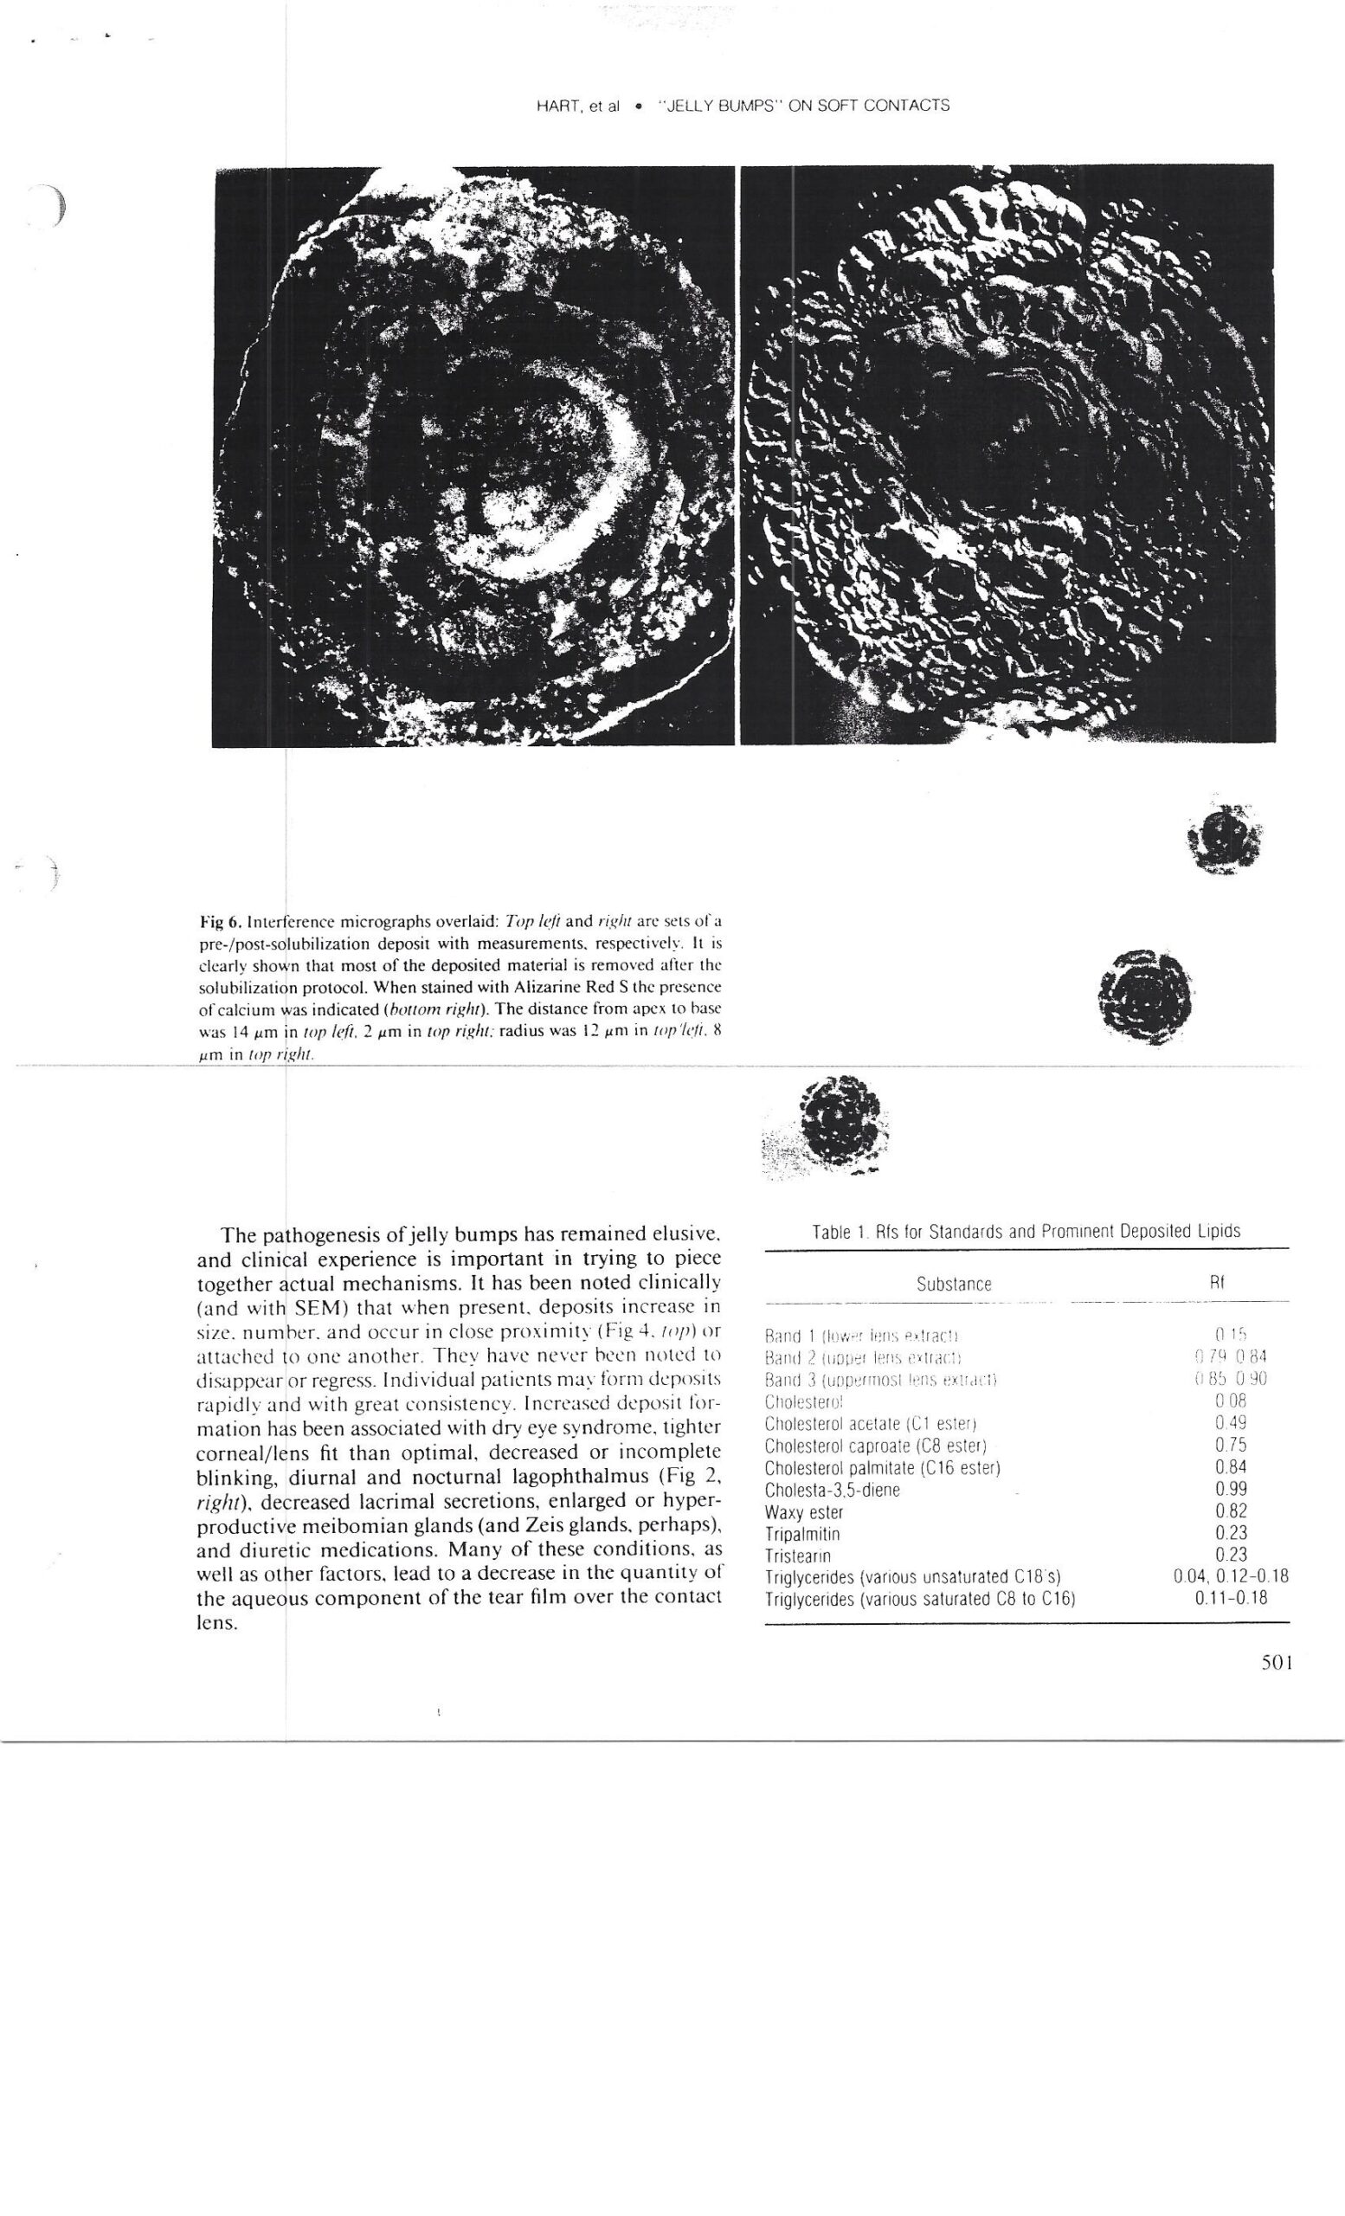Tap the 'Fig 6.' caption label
pyautogui.click(x=218, y=921)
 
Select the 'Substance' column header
pyautogui.click(x=953, y=1285)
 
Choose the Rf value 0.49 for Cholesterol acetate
pyautogui.click(x=1230, y=1423)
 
